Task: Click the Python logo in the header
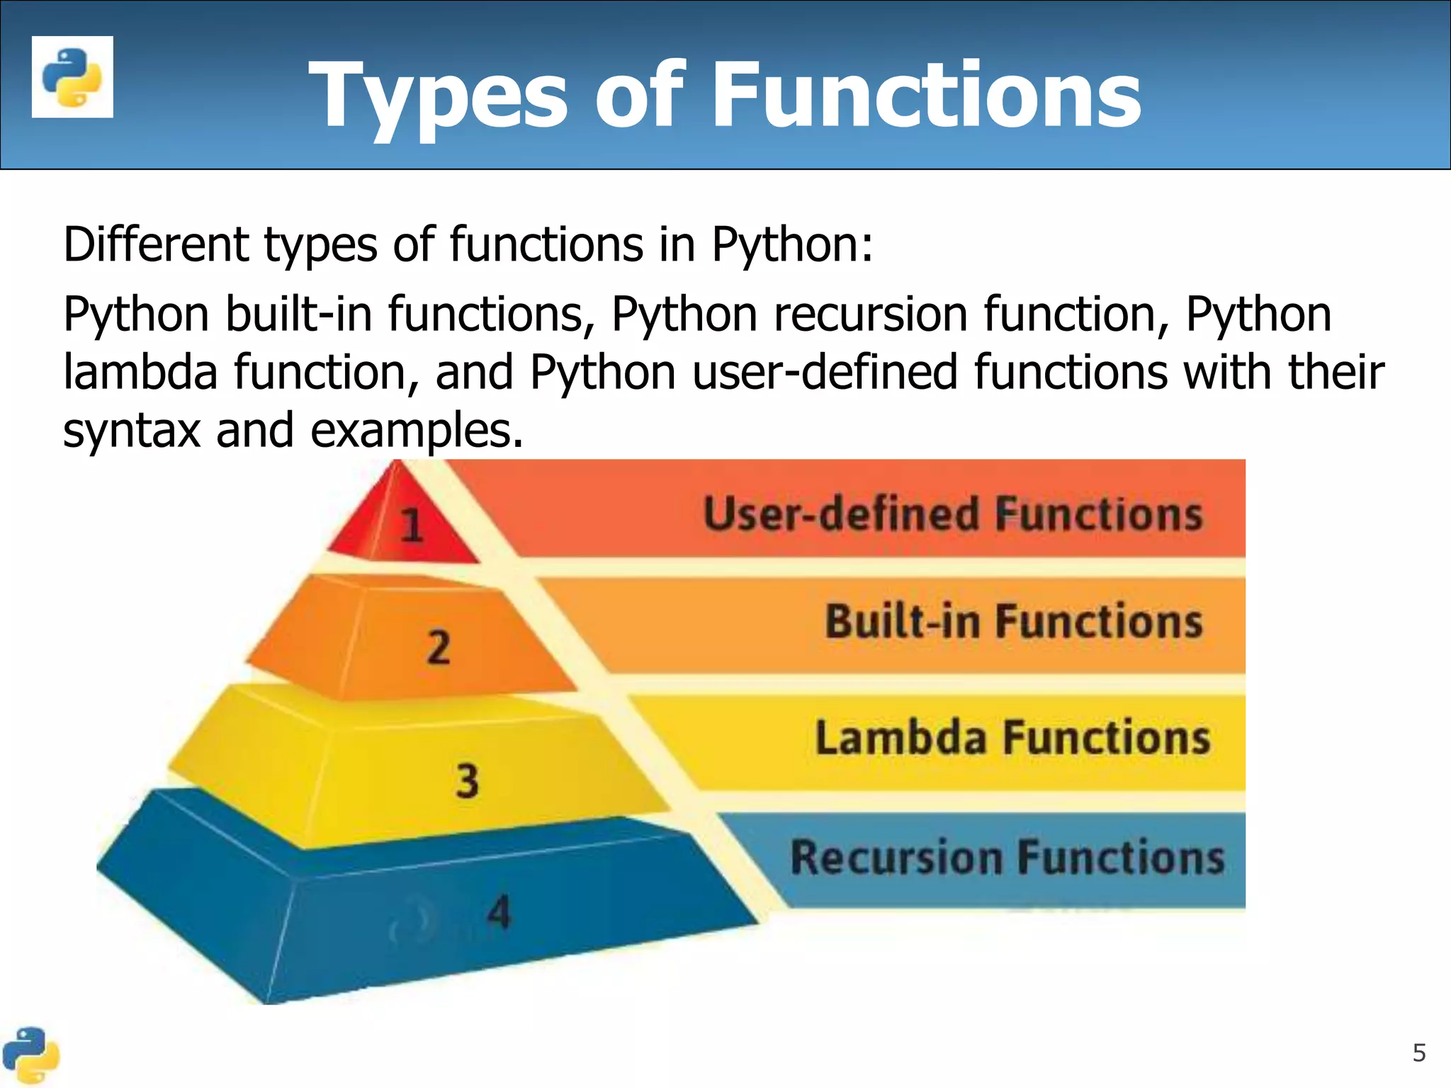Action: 72,76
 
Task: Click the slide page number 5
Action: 1418,1053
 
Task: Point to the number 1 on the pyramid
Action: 412,526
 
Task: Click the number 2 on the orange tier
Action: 439,647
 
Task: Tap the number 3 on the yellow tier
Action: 467,781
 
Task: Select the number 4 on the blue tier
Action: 499,912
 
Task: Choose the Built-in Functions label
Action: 1013,621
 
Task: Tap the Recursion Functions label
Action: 1007,857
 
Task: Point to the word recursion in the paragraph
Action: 871,314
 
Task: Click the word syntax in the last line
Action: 132,431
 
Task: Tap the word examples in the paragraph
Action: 417,431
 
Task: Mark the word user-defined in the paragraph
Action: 824,372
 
